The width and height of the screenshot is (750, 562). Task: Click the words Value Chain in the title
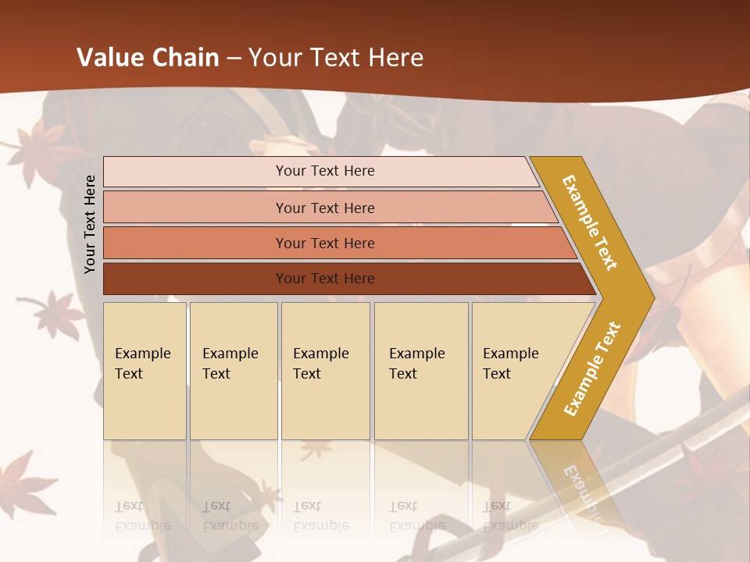(x=148, y=58)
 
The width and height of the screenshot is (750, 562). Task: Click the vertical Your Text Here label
(x=91, y=224)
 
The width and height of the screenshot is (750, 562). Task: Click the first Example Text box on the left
(x=145, y=371)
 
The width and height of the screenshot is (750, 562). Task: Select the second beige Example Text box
(x=234, y=371)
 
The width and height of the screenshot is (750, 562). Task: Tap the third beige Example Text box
(x=325, y=371)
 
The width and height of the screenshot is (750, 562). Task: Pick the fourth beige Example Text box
(x=421, y=371)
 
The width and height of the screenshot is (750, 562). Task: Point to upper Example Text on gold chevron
(x=590, y=222)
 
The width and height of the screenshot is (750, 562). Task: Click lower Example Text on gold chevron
(x=592, y=369)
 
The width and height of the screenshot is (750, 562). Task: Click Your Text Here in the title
(x=336, y=58)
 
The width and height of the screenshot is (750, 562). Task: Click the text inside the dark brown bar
(x=325, y=279)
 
